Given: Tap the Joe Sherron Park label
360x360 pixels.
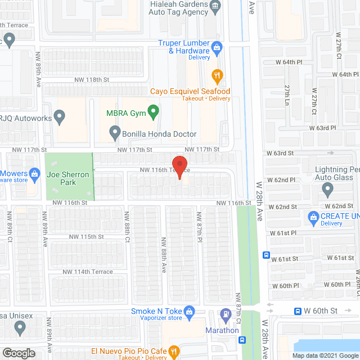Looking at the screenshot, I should (68, 178).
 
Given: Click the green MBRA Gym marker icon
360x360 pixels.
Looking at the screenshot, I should (151, 112).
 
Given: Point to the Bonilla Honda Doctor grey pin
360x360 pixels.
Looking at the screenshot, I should (115, 134).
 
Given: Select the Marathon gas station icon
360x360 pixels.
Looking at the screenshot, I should (226, 314).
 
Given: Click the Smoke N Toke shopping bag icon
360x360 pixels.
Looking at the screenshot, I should (190, 311).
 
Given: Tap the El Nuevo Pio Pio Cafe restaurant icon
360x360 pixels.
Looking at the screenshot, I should (174, 350).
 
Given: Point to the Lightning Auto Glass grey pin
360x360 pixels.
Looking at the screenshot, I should (329, 190).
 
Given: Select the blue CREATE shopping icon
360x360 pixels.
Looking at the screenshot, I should (313, 217).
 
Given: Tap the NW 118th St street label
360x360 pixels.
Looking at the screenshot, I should (93, 80).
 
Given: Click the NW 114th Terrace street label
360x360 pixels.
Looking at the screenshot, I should (88, 272).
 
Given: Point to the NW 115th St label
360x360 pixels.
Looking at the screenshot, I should (85, 237).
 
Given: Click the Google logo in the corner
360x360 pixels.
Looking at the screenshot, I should (18, 353).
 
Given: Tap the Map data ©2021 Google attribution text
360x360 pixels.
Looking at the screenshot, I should (325, 355).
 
